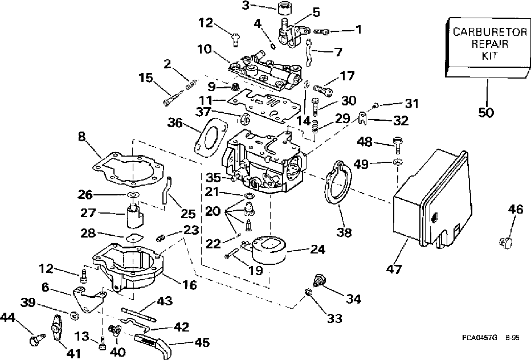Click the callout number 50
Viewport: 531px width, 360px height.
(x=485, y=112)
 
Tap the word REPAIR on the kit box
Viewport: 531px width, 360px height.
(x=485, y=44)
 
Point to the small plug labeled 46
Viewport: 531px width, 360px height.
(x=505, y=243)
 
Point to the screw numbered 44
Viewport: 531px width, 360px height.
(x=35, y=341)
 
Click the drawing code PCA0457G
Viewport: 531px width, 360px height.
(x=481, y=338)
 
